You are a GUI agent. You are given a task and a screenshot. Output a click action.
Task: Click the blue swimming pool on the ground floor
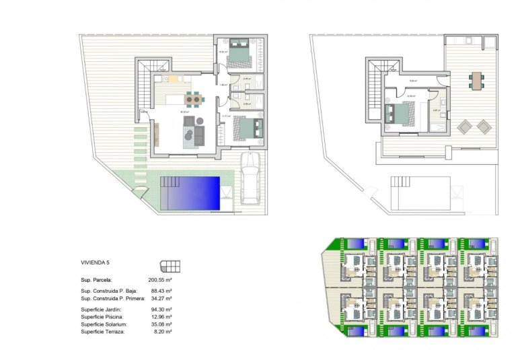pyautogui.click(x=190, y=192)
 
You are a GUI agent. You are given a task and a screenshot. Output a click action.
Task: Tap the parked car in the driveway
pyautogui.click(x=250, y=178)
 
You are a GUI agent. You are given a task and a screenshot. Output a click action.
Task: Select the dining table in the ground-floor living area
pyautogui.click(x=194, y=100)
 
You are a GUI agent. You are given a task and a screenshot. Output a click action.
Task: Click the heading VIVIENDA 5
pyautogui.click(x=95, y=263)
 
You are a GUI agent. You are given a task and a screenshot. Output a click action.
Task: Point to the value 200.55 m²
pyautogui.click(x=160, y=279)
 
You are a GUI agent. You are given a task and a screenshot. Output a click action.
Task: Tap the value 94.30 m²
pyautogui.click(x=160, y=309)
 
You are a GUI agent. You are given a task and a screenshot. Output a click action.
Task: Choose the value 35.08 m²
pyautogui.click(x=160, y=324)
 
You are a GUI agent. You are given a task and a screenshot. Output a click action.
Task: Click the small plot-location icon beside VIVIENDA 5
pyautogui.click(x=170, y=264)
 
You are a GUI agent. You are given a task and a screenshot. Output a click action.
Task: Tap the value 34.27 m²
pyautogui.click(x=160, y=298)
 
